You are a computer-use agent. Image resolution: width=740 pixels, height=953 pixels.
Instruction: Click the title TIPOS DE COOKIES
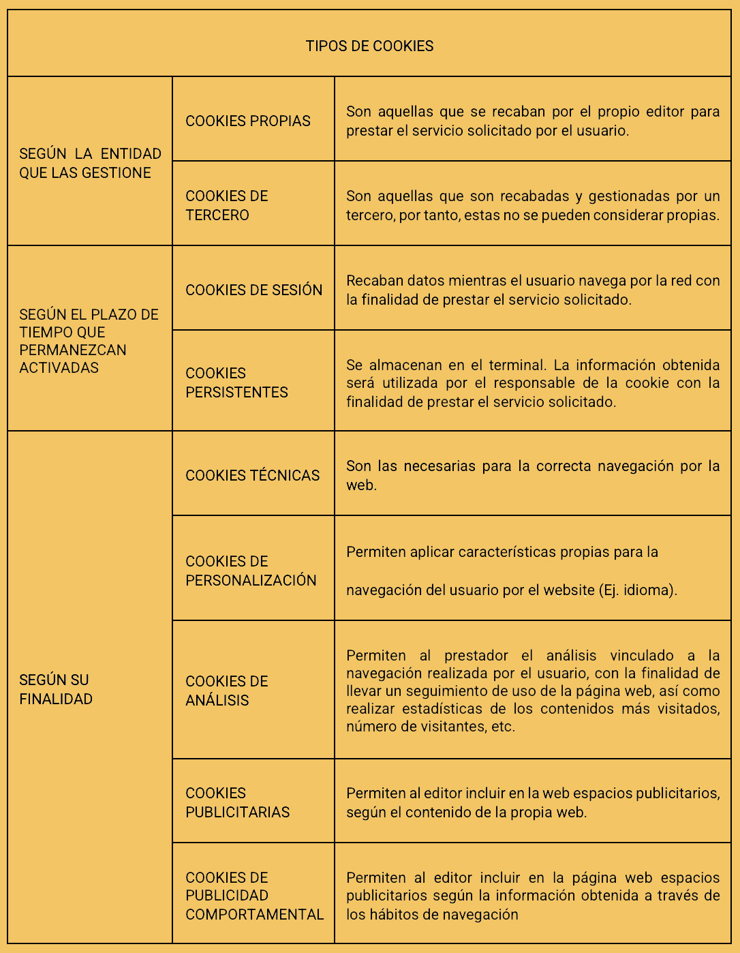(369, 46)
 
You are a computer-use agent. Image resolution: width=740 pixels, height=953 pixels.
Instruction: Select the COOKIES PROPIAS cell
(248, 121)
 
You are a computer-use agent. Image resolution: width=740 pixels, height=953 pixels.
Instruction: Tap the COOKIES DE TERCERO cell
(227, 205)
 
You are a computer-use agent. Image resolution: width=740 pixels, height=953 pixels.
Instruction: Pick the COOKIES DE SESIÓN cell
(253, 290)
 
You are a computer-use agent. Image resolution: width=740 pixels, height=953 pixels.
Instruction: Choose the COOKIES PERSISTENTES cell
(236, 382)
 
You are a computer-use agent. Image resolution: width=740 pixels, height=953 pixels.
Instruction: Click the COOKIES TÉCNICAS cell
(252, 476)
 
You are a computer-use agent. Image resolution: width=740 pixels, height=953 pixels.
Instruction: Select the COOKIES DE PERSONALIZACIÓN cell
(251, 571)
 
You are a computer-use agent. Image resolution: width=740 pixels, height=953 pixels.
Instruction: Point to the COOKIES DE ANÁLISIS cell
(227, 691)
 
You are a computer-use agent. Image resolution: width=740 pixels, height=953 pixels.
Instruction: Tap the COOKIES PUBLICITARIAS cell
(237, 802)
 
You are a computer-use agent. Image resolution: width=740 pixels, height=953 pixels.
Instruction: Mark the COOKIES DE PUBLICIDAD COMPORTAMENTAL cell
(254, 896)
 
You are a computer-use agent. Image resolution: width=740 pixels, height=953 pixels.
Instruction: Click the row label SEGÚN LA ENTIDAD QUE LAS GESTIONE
(90, 164)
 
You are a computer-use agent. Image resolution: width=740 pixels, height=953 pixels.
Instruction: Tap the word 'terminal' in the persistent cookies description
(517, 365)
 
